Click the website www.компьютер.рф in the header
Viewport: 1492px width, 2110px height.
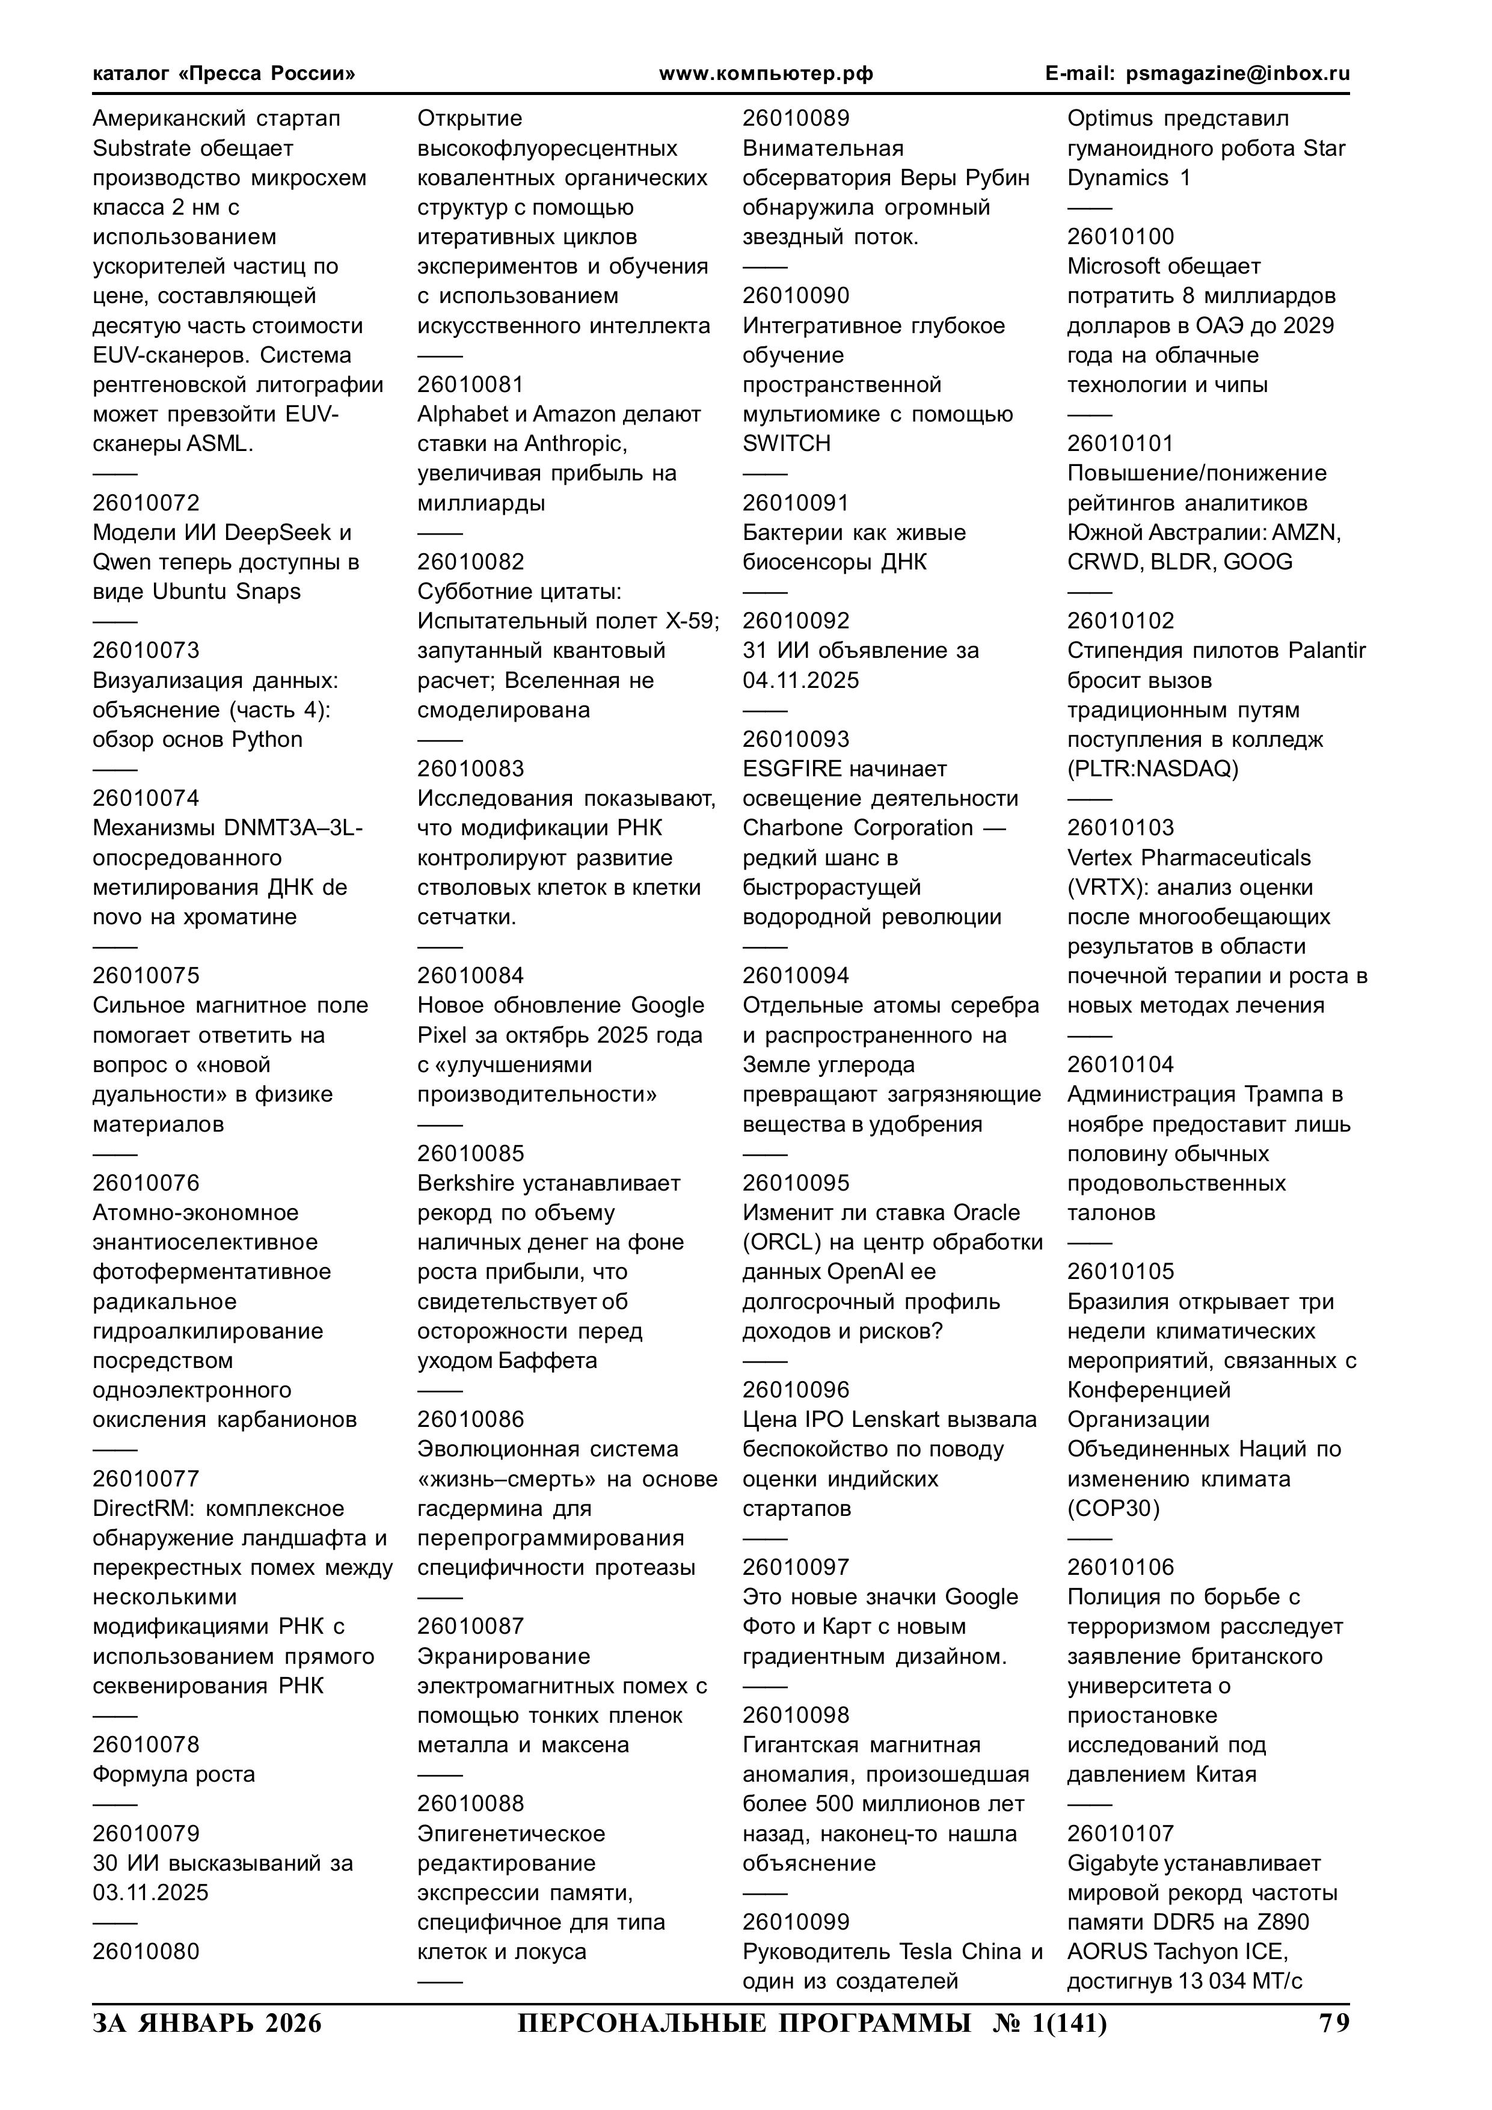tap(766, 73)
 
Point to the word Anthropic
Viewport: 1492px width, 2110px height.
tap(574, 444)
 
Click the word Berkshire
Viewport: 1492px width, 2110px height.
tap(466, 1183)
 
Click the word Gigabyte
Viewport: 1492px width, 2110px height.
tap(1113, 1863)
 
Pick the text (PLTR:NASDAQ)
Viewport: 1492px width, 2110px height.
tap(1153, 769)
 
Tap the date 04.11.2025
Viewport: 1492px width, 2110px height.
tap(800, 681)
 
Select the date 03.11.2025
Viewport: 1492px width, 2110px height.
tap(151, 1892)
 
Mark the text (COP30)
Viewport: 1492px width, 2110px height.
tap(1113, 1509)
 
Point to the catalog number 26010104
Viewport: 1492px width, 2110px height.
tap(1120, 1064)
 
